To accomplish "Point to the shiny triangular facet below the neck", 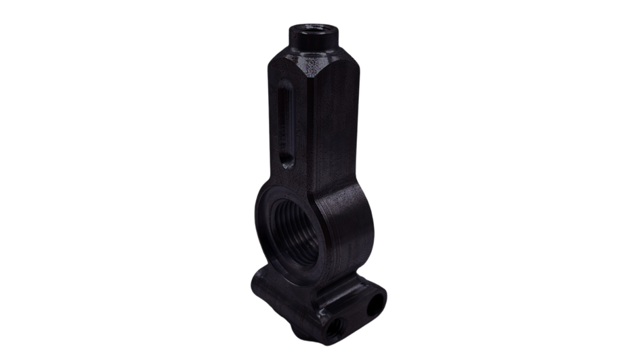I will [311, 67].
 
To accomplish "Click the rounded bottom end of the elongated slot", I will [285, 160].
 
